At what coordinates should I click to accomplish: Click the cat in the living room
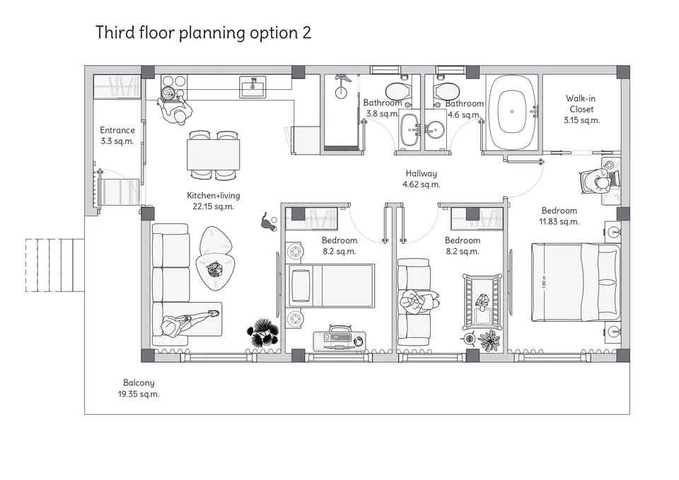(x=268, y=222)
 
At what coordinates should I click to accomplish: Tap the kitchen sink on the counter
(x=253, y=87)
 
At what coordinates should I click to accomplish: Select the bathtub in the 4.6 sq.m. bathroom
(x=512, y=112)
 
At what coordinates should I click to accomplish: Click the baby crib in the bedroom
(x=482, y=301)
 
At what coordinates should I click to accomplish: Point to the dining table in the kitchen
(x=213, y=155)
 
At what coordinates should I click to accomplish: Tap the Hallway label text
(x=421, y=174)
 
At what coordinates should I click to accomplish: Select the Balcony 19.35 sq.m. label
(x=139, y=388)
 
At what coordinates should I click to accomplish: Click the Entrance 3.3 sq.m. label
(x=117, y=136)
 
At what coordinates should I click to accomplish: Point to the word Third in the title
(x=115, y=33)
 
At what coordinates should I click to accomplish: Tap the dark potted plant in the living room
(x=263, y=333)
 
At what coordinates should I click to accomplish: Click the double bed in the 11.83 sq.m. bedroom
(x=576, y=282)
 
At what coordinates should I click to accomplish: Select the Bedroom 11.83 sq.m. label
(x=559, y=216)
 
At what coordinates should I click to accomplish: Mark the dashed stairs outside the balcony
(x=54, y=265)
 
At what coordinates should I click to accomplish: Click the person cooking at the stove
(x=175, y=107)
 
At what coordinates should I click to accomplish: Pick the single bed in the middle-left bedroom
(x=330, y=286)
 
